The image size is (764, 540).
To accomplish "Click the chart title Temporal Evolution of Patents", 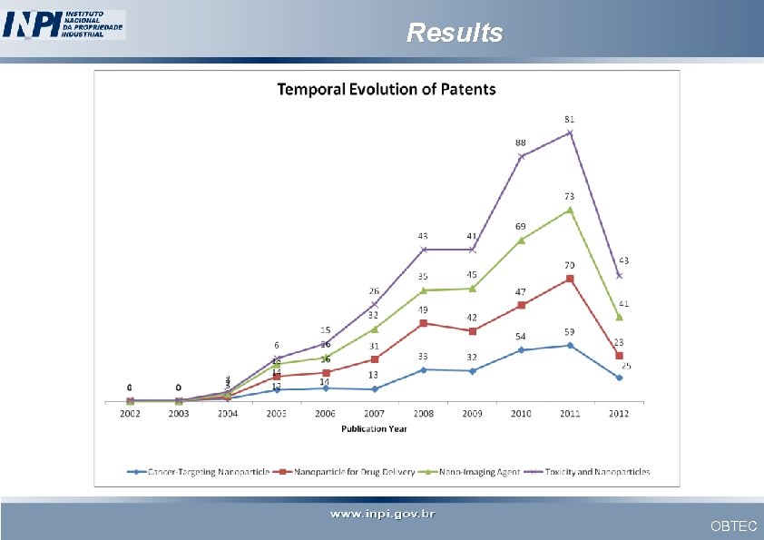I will coord(386,89).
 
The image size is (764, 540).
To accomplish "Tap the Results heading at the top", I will coord(454,33).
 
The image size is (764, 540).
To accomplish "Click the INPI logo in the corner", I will coord(64,25).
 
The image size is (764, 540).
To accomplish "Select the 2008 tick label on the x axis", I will coord(423,414).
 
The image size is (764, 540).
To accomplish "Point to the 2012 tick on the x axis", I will coord(618,414).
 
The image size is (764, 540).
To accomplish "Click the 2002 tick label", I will coord(130,414).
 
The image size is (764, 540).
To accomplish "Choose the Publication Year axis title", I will coord(375,427).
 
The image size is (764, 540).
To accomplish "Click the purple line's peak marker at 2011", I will coord(570,133).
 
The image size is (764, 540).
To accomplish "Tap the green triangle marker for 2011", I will coord(570,210).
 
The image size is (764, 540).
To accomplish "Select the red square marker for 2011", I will coord(570,279).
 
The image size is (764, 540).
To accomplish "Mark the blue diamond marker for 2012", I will coord(619,378).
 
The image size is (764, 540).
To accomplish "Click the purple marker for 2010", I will coord(521,156).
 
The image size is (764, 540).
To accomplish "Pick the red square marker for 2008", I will coord(423,323).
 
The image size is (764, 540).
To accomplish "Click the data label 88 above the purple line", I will coord(521,142).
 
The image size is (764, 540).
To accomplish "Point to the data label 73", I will coord(569,196).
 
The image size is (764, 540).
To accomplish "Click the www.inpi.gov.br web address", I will coord(382,515).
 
